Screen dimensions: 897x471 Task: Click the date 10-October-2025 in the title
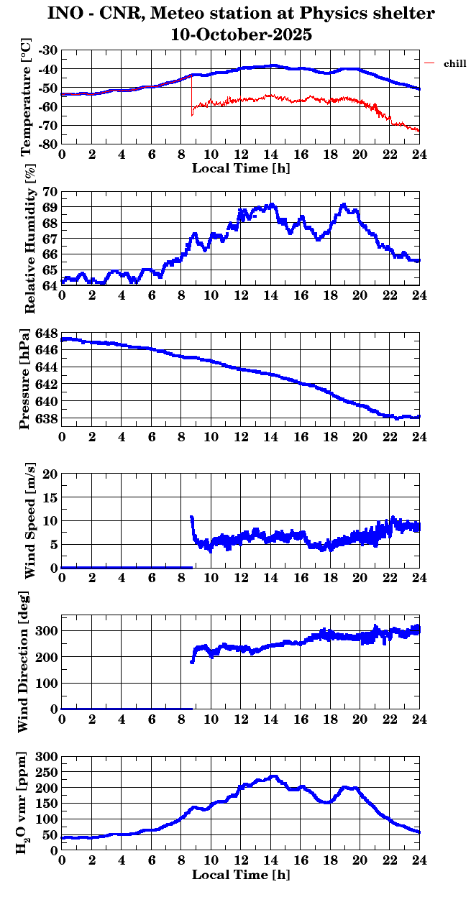coord(241,34)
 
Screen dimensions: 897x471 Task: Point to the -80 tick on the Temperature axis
coord(49,144)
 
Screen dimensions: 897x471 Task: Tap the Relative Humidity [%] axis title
coord(29,238)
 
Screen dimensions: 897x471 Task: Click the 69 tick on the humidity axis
coord(50,207)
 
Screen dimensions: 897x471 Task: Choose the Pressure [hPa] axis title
coord(27,378)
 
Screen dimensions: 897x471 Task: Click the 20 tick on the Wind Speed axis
coord(50,474)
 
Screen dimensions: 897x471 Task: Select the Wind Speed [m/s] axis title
coord(29,521)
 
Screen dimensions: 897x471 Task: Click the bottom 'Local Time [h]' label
coord(241,875)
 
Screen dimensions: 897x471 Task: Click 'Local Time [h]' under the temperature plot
coord(241,168)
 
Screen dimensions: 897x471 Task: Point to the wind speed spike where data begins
coord(191,517)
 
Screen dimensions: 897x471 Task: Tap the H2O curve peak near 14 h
coord(273,777)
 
